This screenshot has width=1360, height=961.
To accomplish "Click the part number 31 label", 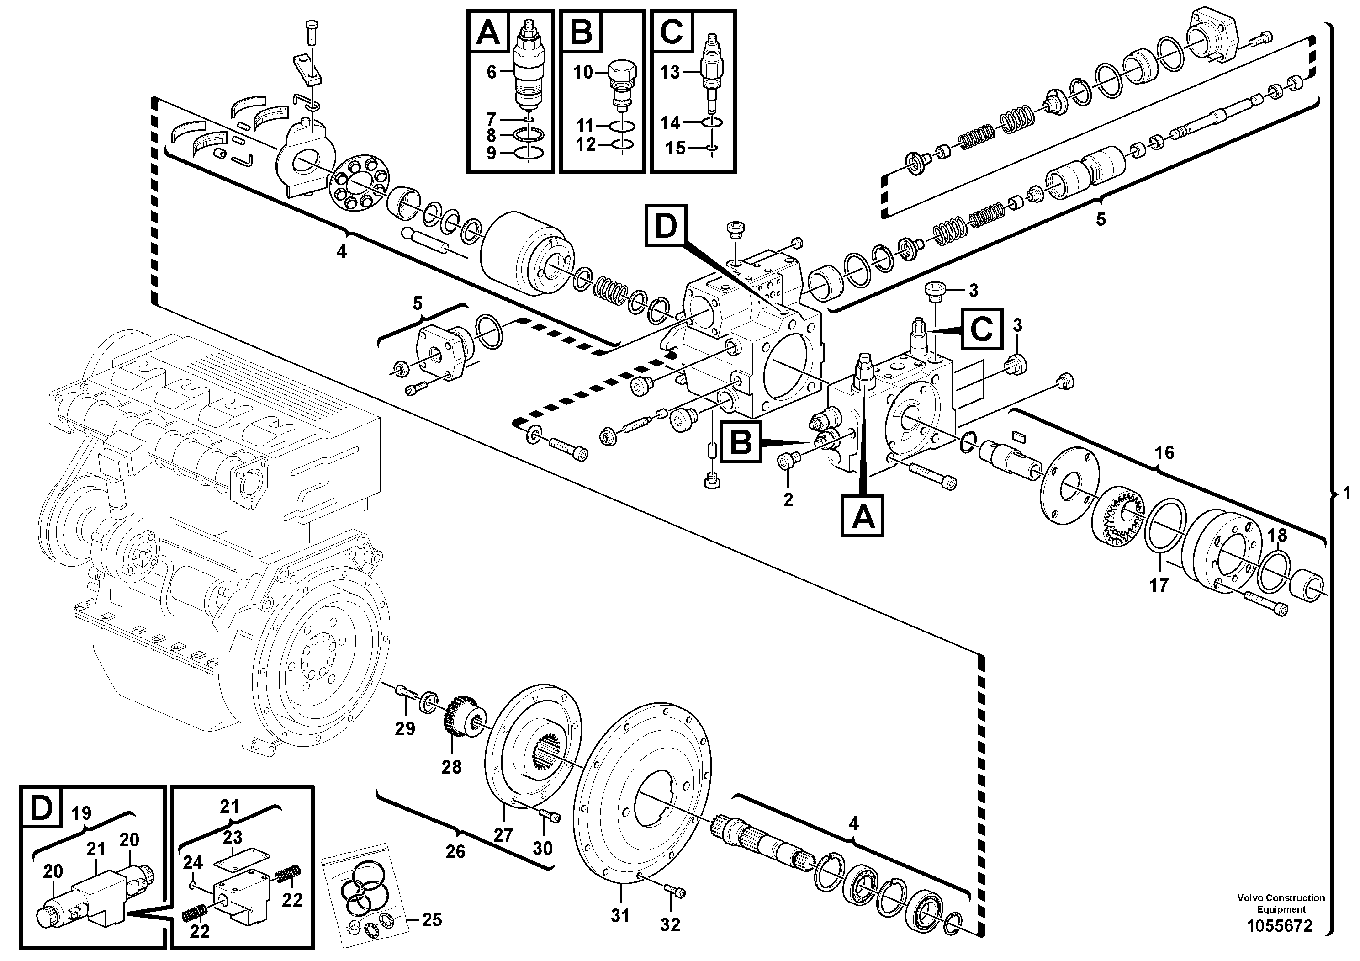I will tap(620, 915).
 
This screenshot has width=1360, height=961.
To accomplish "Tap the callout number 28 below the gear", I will tap(451, 767).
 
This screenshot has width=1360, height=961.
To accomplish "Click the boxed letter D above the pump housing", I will tap(665, 225).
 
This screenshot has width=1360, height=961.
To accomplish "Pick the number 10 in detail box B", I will tap(582, 72).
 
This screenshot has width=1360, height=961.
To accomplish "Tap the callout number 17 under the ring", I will tap(1159, 585).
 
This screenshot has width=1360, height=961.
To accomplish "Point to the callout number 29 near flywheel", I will tap(405, 729).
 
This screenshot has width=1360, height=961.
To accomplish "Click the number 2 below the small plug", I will tap(788, 499).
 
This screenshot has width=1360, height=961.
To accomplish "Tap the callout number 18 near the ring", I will tap(1277, 536).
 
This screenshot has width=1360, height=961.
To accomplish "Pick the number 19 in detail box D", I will tap(81, 813).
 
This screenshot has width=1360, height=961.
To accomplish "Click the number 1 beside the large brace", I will tap(1346, 493).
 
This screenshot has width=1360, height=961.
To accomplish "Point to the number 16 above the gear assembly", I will tap(1164, 453).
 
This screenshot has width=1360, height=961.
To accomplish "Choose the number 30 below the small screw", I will tap(543, 849).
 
